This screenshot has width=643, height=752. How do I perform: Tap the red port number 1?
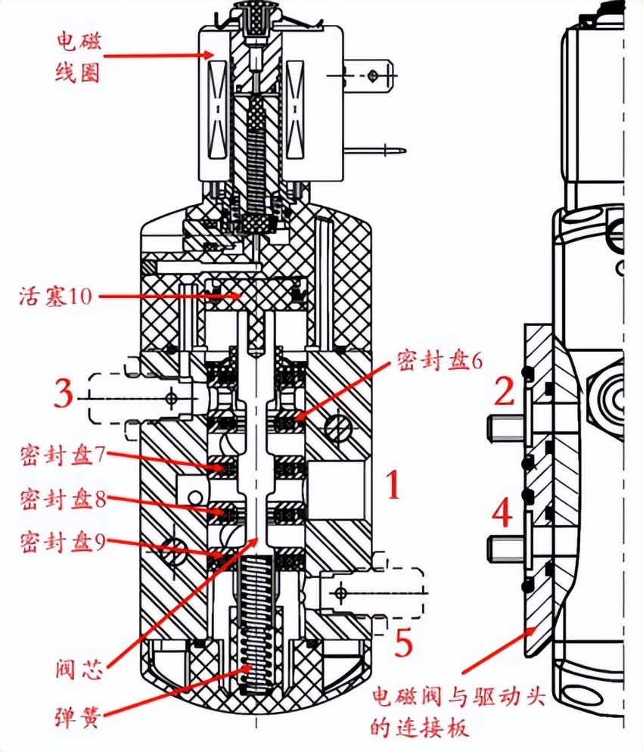[x=393, y=486]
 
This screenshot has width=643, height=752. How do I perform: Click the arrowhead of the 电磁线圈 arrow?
[x=214, y=54]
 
